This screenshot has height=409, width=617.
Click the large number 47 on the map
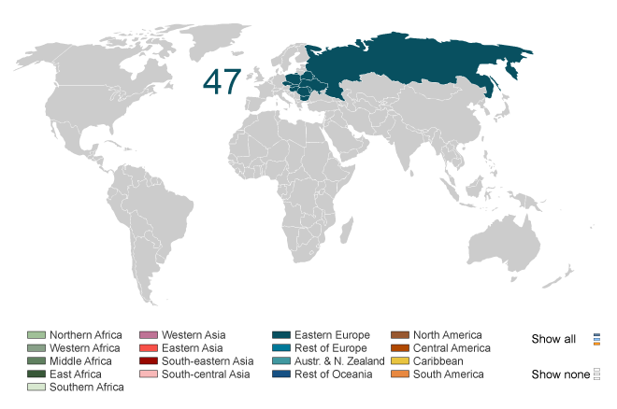coord(222,82)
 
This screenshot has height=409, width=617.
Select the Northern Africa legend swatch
coord(36,335)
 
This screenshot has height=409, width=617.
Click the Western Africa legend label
coord(85,348)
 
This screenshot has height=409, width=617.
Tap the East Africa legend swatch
coord(36,374)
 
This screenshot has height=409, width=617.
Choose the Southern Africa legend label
coord(86,388)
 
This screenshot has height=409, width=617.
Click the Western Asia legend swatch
coord(149,335)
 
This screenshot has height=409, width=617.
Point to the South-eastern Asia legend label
coord(208,361)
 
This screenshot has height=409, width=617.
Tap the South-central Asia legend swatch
coord(149,374)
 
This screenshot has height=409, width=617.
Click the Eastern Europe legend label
coord(332,335)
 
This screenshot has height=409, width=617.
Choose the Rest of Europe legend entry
coord(330,348)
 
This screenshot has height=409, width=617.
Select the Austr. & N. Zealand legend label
coord(339,361)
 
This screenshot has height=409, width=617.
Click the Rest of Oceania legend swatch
coord(281,374)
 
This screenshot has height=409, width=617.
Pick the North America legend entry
coord(447,335)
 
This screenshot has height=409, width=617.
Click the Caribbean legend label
coord(439,361)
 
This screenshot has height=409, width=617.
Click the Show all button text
coord(553,339)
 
